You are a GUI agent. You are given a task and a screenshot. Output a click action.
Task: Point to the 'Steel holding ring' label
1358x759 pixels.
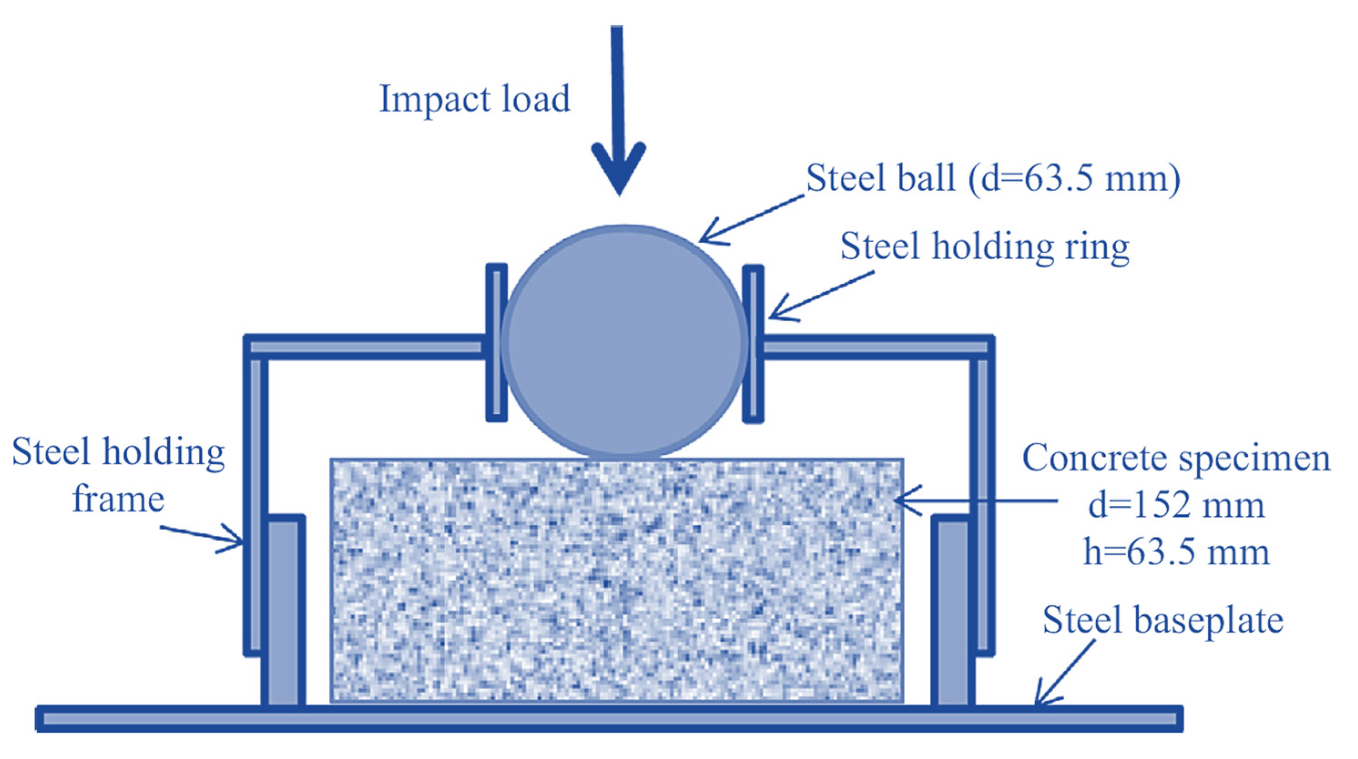click(x=985, y=246)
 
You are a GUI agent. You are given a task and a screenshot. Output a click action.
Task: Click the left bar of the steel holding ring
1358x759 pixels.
click(x=496, y=343)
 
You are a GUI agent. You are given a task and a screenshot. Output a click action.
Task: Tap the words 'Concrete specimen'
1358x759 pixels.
click(x=1176, y=458)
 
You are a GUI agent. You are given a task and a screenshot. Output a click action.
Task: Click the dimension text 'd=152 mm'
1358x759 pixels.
click(x=1176, y=506)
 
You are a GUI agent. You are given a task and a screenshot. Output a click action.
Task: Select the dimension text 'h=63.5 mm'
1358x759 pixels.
click(x=1176, y=553)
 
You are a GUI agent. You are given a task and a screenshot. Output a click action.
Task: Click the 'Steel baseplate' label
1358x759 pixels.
click(x=1162, y=620)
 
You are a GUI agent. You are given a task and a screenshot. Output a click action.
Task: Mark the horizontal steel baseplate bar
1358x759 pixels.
click(x=609, y=719)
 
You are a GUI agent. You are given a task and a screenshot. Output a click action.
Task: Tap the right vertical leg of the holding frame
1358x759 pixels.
click(x=982, y=506)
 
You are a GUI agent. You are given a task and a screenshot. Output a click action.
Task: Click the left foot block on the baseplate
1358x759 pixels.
click(x=284, y=611)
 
